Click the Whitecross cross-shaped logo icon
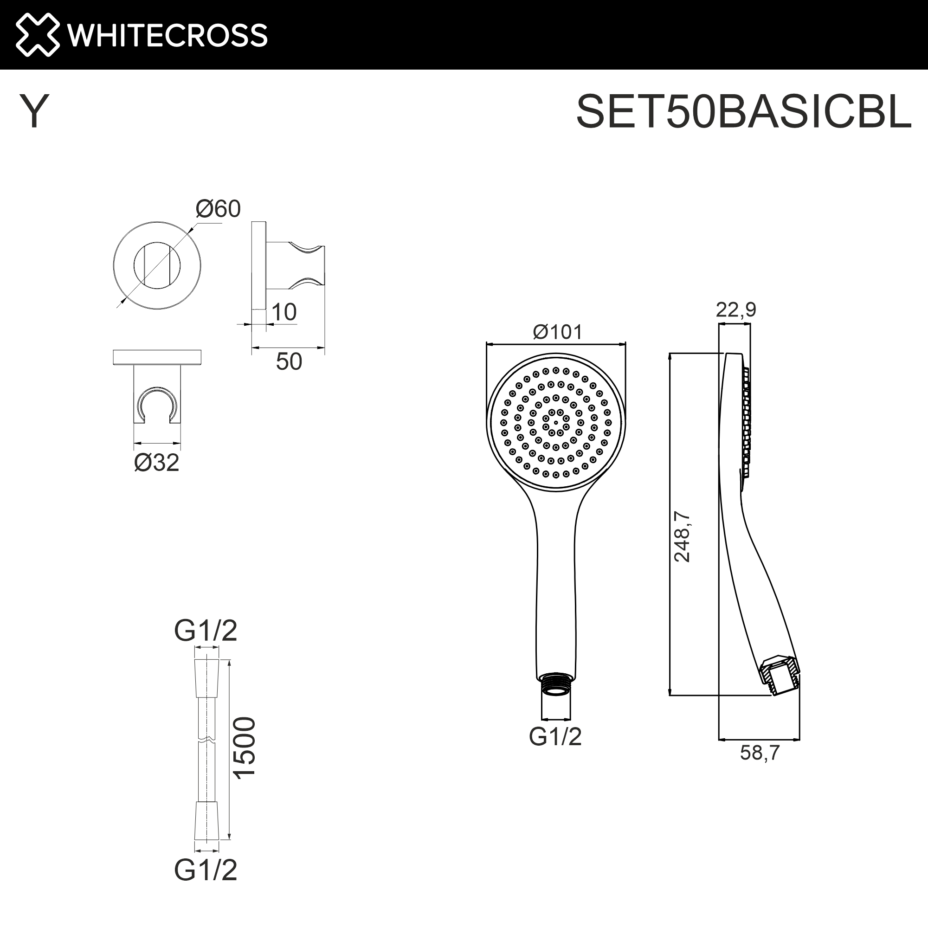(38, 35)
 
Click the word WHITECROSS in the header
(167, 35)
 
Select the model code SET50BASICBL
(743, 111)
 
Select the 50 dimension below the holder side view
(289, 362)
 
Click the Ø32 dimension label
(156, 463)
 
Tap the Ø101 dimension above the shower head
(557, 331)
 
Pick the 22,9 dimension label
(735, 310)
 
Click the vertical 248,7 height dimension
(682, 536)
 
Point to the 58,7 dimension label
(760, 753)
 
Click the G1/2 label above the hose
(206, 631)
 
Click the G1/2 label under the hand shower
(555, 736)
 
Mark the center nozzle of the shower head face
(556, 423)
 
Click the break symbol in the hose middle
(206, 740)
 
